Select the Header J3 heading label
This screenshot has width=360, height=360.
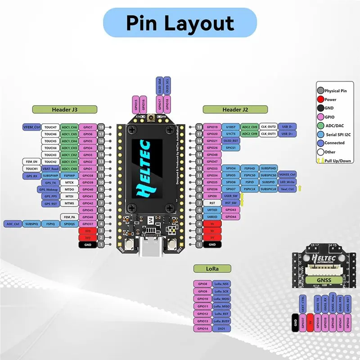click(64, 109)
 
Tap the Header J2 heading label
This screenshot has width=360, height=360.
click(235, 109)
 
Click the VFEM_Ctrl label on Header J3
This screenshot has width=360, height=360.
click(31, 127)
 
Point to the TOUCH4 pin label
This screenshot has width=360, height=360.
click(50, 148)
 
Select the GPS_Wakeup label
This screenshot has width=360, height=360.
click(50, 189)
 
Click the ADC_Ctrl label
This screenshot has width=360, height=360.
click(13, 224)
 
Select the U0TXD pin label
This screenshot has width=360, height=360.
click(211, 210)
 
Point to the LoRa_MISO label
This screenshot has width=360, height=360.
click(221, 306)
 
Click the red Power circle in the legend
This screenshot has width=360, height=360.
click(320, 99)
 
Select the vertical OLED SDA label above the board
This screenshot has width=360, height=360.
click(159, 85)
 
